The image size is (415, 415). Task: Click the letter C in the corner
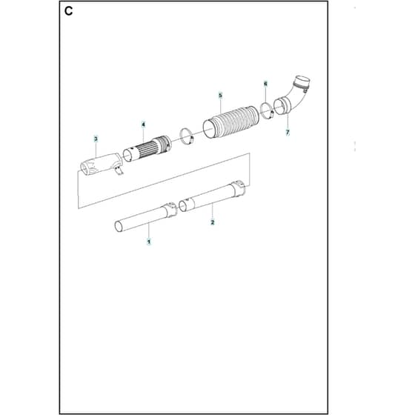tap(68, 11)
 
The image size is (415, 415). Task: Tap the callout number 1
tap(149, 242)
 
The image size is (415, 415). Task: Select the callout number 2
tap(212, 222)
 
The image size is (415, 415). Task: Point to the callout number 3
tap(96, 139)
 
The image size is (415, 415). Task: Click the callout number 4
tap(144, 124)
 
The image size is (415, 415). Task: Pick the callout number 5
tap(221, 96)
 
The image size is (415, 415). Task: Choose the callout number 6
tap(265, 84)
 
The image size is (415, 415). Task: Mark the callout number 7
tap(288, 132)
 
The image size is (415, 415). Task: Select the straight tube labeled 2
tap(212, 196)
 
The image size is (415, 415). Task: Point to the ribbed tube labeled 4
tap(147, 149)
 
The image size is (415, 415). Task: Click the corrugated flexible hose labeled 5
tap(230, 122)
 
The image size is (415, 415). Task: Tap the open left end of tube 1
tap(118, 227)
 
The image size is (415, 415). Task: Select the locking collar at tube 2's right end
tap(239, 188)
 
